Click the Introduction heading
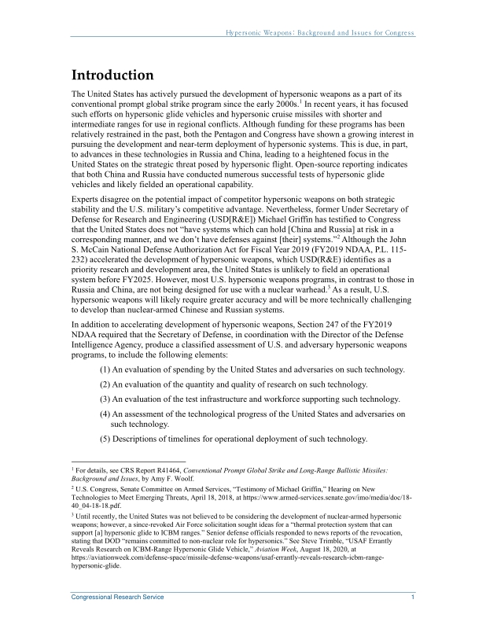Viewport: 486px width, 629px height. [x=112, y=75]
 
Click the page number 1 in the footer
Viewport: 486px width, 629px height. [x=413, y=598]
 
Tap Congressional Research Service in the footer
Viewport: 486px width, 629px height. [x=118, y=598]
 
